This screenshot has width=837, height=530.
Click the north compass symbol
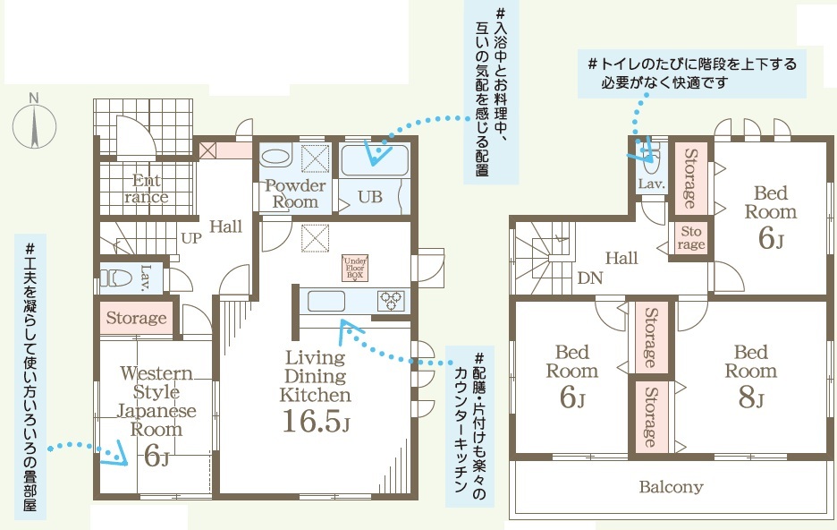point(34,126)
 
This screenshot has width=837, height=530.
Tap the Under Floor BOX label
point(355,268)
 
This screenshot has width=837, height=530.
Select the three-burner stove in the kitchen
point(392,301)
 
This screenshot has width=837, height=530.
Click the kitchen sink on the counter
point(326,302)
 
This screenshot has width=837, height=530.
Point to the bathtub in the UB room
point(374,159)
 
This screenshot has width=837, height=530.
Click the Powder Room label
point(295,193)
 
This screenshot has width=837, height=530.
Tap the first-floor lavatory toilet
point(116,278)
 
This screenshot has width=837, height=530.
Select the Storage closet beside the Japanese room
point(136,319)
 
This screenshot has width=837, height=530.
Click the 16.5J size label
point(316,421)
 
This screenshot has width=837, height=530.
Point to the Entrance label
point(147,188)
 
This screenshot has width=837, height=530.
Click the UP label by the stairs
point(191,238)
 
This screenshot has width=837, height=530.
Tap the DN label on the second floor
point(590,278)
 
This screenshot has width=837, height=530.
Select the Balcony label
point(671,487)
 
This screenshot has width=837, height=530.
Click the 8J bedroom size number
point(751,397)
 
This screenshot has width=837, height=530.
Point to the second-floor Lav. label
point(652,184)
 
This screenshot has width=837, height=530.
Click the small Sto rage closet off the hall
point(690,238)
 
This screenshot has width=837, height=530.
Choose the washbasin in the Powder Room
point(276,158)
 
